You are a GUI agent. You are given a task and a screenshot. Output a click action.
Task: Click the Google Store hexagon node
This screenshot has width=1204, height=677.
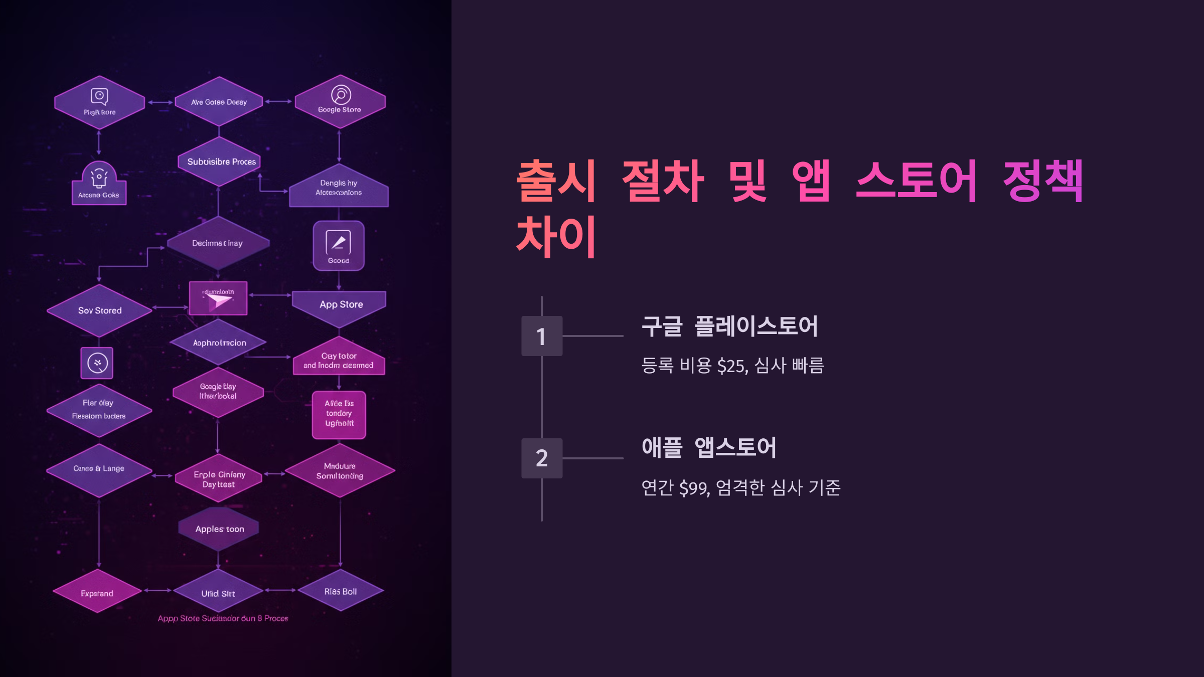tap(340, 102)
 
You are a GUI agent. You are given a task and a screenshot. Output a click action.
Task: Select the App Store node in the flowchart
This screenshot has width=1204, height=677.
tap(340, 305)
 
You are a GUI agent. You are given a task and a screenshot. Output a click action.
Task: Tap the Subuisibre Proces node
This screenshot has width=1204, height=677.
tap(220, 161)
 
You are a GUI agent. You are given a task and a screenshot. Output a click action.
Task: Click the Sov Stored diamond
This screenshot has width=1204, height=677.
tap(99, 310)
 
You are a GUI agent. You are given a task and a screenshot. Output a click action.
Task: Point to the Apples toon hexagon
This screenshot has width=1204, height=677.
tap(219, 529)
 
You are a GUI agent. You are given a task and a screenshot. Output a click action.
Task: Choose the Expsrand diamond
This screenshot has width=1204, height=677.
tap(97, 592)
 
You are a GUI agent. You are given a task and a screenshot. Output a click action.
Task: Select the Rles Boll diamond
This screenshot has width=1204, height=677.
tap(340, 591)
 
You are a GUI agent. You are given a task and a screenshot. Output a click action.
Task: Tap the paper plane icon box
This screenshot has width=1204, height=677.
tap(218, 299)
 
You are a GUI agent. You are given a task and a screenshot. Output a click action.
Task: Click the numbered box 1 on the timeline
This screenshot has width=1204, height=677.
tap(541, 336)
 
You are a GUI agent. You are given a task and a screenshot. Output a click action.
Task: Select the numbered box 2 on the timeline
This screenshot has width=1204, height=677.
tap(541, 458)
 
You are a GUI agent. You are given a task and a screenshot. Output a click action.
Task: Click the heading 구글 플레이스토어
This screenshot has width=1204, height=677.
tap(730, 326)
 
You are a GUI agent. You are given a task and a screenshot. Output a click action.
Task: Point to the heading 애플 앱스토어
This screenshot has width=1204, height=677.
tap(709, 448)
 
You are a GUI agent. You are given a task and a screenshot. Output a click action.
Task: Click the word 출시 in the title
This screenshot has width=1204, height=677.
tap(556, 182)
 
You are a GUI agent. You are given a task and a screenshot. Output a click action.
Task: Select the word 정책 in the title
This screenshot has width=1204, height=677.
tap(1042, 182)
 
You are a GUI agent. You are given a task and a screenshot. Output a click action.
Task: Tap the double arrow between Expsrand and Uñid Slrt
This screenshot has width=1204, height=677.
tap(158, 591)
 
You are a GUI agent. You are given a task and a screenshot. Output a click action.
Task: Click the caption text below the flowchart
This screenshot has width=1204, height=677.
tap(223, 618)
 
